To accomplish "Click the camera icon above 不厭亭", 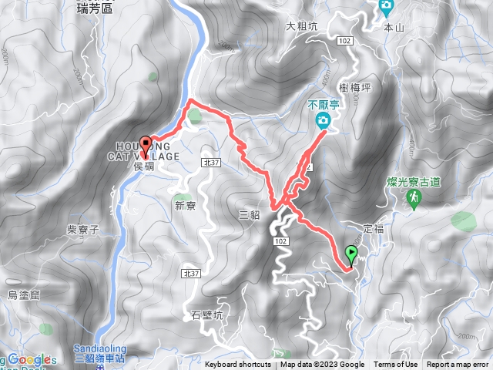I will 323,120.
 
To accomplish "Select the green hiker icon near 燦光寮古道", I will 414,199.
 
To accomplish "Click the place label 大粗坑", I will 301,25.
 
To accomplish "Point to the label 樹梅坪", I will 355,88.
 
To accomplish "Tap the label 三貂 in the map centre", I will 249,215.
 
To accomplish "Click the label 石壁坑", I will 206,315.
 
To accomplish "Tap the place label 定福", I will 373,228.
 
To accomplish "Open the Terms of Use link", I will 396,365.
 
